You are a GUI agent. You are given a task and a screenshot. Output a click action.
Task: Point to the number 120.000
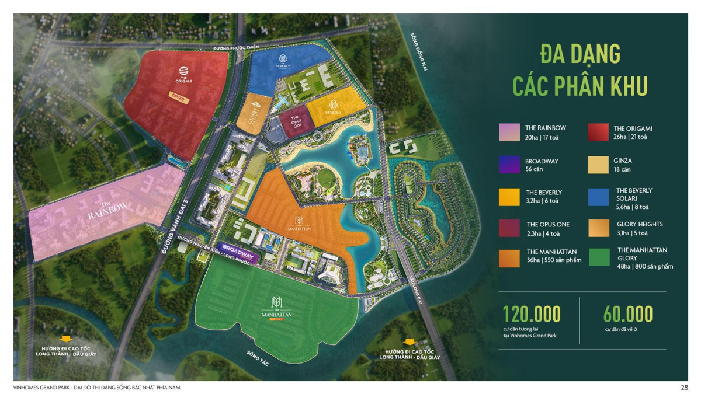coord(532,314)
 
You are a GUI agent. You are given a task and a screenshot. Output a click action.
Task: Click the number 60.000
coord(628,314)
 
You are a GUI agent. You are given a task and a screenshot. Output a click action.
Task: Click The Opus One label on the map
coord(296,123)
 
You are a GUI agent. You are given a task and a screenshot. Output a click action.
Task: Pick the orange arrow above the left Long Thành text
coord(65,339)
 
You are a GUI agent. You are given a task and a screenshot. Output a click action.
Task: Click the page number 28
coord(684,387)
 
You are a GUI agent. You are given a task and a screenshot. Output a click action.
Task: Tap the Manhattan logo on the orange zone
coord(299,219)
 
